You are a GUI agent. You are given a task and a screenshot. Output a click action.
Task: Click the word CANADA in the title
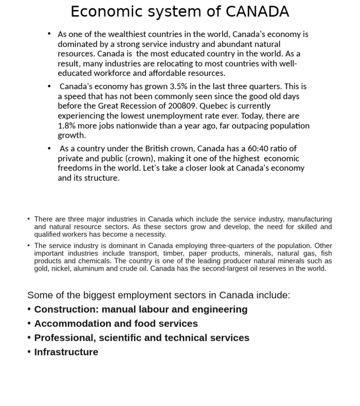[x=257, y=12]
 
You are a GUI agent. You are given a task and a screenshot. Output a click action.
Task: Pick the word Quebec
[x=213, y=106]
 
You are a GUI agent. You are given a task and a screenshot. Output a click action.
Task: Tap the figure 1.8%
[x=67, y=126]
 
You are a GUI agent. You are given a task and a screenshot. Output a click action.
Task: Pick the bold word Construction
[x=66, y=309]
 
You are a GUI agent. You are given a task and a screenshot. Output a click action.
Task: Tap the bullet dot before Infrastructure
[x=29, y=352]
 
